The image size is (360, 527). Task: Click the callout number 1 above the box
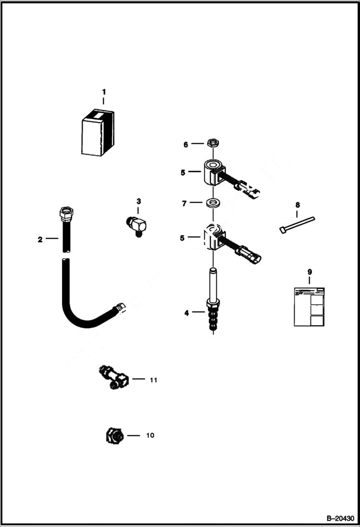[x=103, y=91]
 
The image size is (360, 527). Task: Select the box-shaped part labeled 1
[x=98, y=134]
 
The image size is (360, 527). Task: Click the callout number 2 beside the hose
[x=40, y=239]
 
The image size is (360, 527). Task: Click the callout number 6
[x=186, y=144]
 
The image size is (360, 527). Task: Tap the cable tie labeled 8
[x=297, y=224]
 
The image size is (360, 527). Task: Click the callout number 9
[x=309, y=272]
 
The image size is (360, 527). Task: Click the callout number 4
[x=186, y=313]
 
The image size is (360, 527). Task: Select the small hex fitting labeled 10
[x=113, y=436]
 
